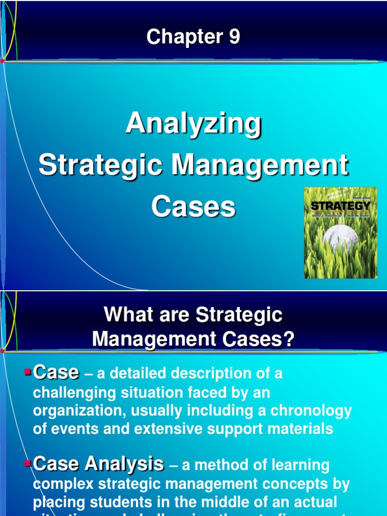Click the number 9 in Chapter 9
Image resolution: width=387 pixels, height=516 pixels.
(233, 37)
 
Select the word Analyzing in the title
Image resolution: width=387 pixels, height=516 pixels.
(193, 123)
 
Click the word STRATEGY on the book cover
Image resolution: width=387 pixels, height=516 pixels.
(340, 206)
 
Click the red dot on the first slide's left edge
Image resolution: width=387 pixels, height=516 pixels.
(3, 60)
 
